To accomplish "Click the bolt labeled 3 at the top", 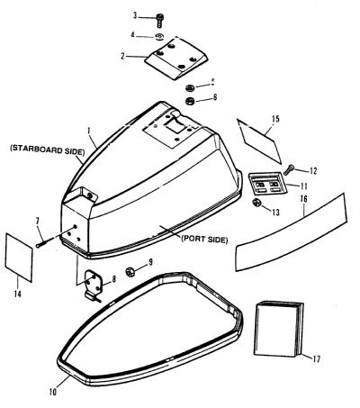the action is point(159,19).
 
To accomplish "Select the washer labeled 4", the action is point(159,37).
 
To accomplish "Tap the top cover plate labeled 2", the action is point(175,59).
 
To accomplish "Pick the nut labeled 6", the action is point(190,101).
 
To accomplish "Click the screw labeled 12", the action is point(289,169).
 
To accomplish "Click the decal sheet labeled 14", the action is point(19,258).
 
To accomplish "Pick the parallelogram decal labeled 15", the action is point(259,141).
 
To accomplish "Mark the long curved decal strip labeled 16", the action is point(291,232).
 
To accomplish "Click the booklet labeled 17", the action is point(278,330).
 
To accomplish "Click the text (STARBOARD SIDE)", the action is point(47,150).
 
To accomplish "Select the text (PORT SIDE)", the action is point(204,240).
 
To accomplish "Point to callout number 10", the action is point(53,392).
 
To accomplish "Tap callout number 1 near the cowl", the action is point(89,131).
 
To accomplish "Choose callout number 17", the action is point(316,358).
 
